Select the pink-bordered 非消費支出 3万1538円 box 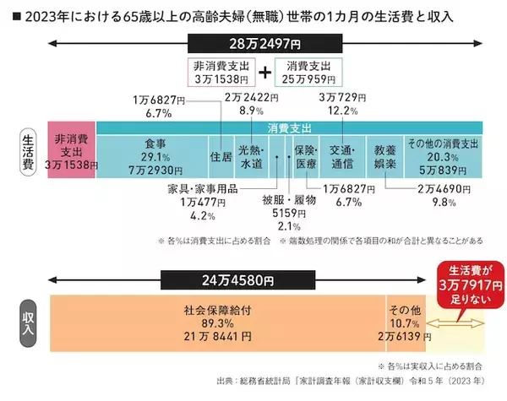tap(217, 72)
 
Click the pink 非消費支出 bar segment tap(70, 149)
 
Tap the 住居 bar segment tap(220, 155)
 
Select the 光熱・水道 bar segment tap(251, 155)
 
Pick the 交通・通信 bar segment tap(341, 155)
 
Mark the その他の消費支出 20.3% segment tap(443, 154)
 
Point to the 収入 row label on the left tap(28, 322)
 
